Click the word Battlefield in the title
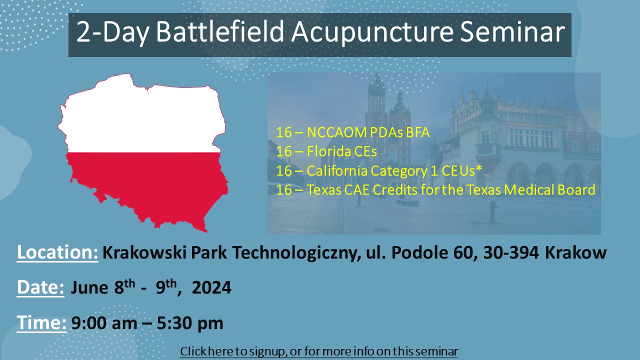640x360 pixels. (219, 31)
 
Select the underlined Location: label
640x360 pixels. (57, 252)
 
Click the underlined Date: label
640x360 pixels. (40, 287)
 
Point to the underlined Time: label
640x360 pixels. (41, 323)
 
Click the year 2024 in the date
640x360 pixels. (211, 287)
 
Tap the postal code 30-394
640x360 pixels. (511, 252)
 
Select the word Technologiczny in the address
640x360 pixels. (295, 253)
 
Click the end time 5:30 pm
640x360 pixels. (190, 323)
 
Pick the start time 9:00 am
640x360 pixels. (104, 323)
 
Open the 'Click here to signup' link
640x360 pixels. (319, 351)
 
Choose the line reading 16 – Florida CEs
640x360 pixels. (326, 151)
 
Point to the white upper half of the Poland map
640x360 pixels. (143, 120)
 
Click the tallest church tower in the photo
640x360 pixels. (376, 103)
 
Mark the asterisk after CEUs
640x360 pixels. (479, 168)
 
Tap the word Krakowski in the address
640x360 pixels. (144, 252)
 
